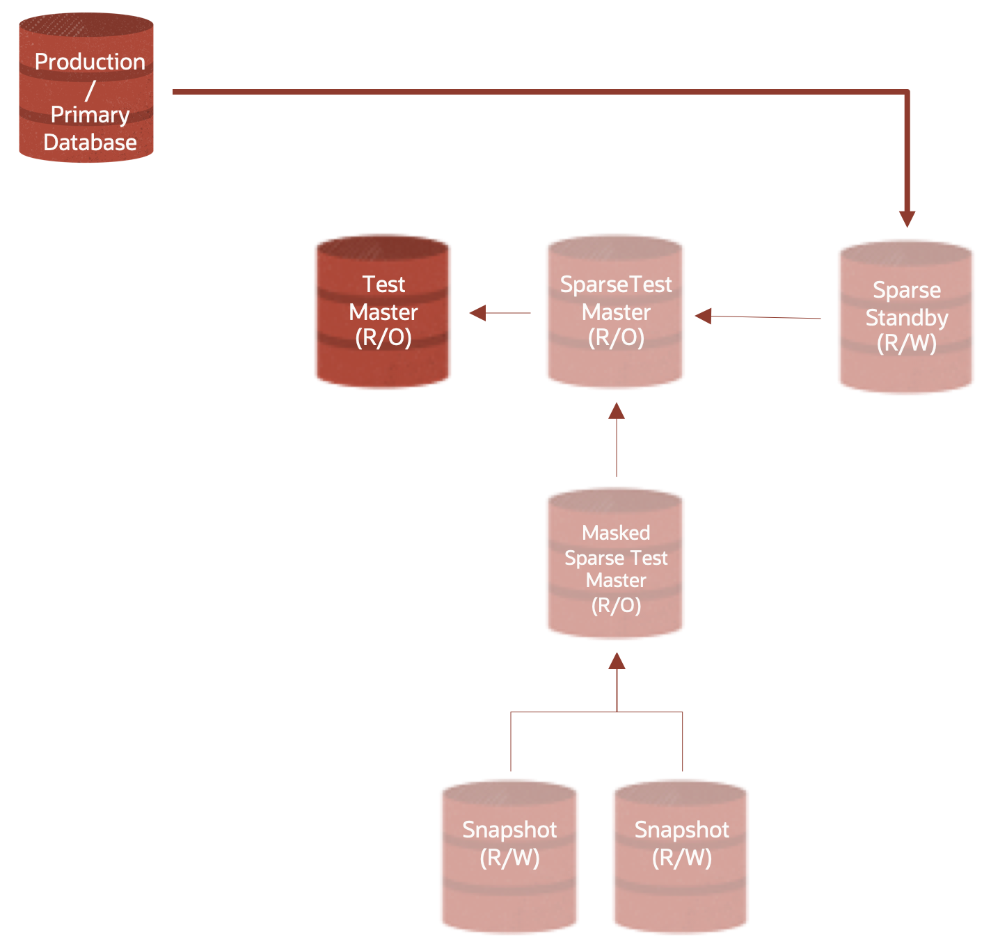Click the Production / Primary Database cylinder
coord(86,88)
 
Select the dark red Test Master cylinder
coord(383,311)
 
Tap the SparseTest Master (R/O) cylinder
coord(615,311)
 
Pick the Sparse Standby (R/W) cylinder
coord(906,317)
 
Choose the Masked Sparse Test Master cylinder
coord(615,563)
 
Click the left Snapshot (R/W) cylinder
coord(509,856)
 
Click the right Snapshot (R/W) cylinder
coord(681,856)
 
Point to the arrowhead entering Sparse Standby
coord(906,219)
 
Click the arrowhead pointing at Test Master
coord(478,313)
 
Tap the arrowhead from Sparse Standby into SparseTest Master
coord(704,316)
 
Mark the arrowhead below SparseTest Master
coord(617,411)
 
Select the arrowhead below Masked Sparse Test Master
coord(617,661)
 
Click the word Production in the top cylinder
coord(90,62)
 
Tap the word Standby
coord(907,318)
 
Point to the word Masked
coord(616,533)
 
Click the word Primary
coord(90,115)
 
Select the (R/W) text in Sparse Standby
coord(906,343)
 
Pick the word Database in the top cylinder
coord(90,143)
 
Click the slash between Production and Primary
coord(90,90)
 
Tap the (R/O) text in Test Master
coord(383,338)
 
